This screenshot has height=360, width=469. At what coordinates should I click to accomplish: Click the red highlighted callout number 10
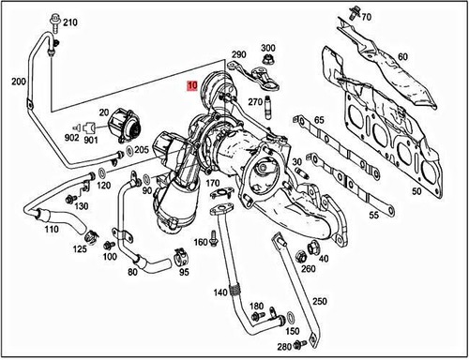(x=191, y=85)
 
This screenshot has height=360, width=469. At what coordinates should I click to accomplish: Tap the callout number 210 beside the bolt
(x=71, y=21)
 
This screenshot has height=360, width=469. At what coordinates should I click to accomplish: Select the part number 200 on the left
(x=18, y=82)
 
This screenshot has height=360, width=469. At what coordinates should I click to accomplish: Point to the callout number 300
(x=268, y=48)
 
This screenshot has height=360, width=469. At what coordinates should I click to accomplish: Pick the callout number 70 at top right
(x=366, y=17)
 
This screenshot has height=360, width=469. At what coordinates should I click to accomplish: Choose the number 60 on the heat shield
(x=402, y=57)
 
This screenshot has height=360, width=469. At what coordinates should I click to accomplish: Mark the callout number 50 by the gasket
(x=416, y=191)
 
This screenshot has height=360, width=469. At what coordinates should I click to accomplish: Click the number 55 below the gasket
(x=373, y=216)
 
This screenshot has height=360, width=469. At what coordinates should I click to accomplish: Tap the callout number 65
(x=320, y=120)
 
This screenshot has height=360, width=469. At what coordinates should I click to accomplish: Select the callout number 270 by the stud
(x=254, y=101)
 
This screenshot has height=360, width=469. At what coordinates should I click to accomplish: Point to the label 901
(x=92, y=142)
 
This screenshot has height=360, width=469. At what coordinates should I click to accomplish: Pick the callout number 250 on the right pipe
(x=321, y=301)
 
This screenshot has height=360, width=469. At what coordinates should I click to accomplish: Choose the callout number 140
(x=219, y=292)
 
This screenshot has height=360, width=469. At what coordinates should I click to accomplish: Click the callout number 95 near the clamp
(x=184, y=273)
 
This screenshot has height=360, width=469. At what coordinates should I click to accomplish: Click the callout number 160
(x=201, y=243)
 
